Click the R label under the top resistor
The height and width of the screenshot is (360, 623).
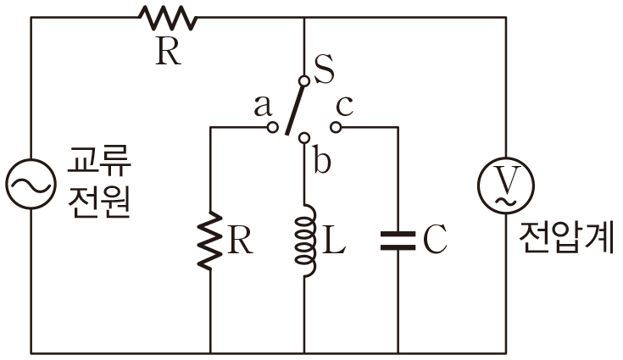point(168,53)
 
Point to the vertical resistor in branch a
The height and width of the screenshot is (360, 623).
point(210,241)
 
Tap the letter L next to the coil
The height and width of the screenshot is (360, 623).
point(335,242)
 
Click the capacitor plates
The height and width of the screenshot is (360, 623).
point(398,241)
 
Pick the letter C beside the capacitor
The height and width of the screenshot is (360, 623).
point(433,241)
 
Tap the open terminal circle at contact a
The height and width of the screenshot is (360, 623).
point(272,128)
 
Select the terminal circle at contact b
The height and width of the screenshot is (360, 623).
point(304,136)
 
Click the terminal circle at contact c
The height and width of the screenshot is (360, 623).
point(337,128)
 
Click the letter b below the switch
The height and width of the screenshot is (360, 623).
point(321,160)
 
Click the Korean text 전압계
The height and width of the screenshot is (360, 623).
point(565,240)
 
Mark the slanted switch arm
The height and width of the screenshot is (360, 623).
point(295,107)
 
